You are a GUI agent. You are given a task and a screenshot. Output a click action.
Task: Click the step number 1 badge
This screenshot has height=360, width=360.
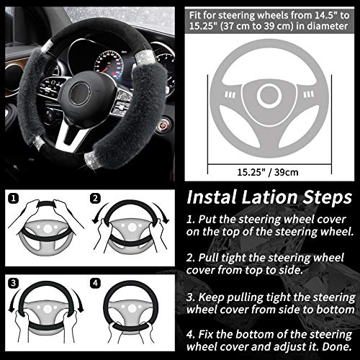tap(12, 196)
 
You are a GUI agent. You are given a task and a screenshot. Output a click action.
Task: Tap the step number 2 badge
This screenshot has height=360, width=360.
tap(95, 196)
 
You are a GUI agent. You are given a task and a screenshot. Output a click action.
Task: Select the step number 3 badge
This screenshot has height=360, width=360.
tap(12, 281)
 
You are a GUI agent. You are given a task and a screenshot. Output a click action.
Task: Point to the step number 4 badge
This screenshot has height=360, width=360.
tap(95, 281)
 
